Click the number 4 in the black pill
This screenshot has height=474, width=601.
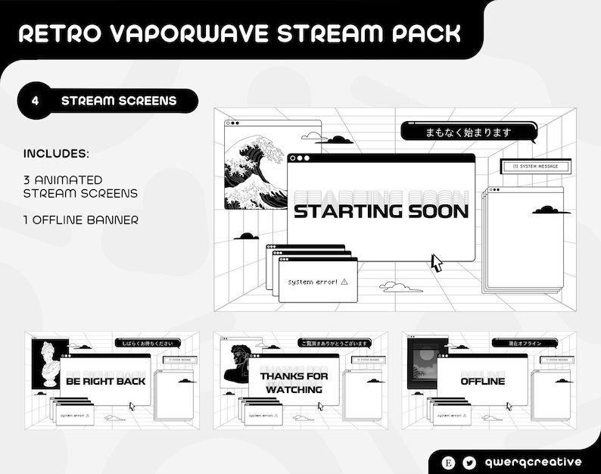(36, 101)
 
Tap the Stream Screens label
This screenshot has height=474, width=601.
(119, 101)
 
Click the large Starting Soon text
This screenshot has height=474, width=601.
(381, 211)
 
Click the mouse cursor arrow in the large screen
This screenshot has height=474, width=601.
(437, 262)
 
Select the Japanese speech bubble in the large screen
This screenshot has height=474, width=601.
(468, 132)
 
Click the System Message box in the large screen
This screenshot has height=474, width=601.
(535, 167)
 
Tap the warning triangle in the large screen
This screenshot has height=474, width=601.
(344, 281)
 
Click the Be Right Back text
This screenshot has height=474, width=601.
(105, 381)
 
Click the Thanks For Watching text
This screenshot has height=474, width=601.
(294, 382)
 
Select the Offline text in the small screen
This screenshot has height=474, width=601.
(482, 381)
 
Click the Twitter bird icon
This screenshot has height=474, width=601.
(470, 462)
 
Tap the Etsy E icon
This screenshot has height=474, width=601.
(450, 462)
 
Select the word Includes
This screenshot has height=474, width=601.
(56, 154)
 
